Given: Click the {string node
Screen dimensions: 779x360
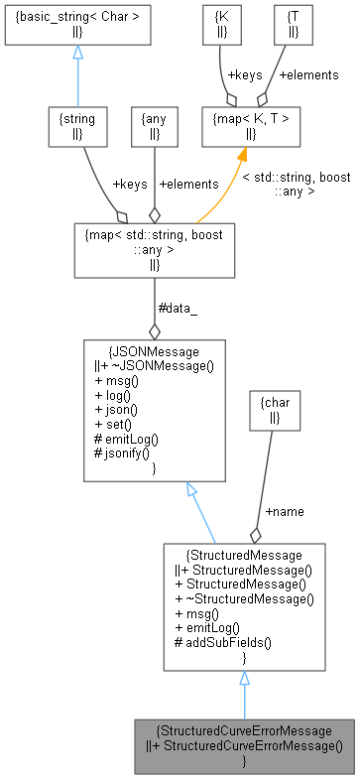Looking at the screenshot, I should pyautogui.click(x=76, y=125).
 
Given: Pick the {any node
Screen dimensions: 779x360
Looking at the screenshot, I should pyautogui.click(x=154, y=125).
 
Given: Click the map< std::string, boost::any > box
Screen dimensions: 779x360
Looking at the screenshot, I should pyautogui.click(x=154, y=248).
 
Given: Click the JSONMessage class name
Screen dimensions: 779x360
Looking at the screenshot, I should pyautogui.click(x=154, y=350).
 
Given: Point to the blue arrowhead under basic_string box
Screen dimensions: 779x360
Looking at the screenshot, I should pyautogui.click(x=76, y=53).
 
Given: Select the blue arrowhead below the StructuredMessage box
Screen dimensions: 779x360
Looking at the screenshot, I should pyautogui.click(x=244, y=680).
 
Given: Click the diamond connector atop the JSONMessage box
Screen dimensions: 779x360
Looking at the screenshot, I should pyautogui.click(x=154, y=331).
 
